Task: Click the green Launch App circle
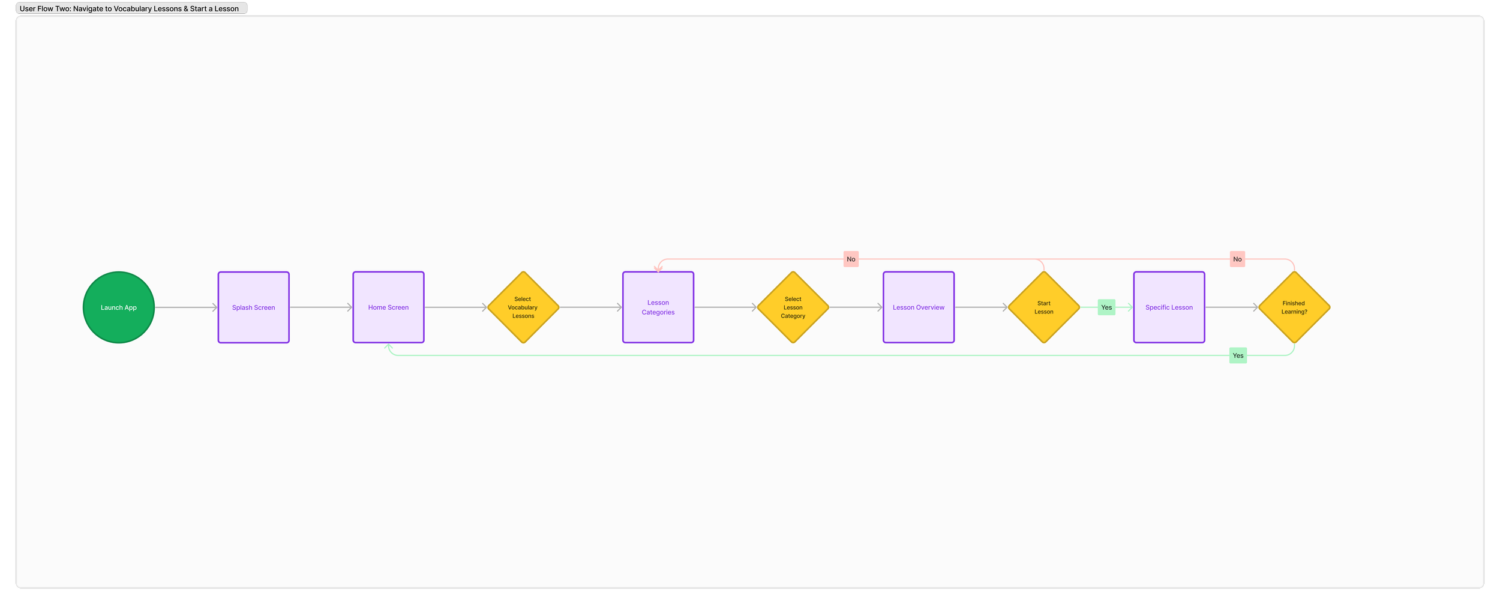point(119,307)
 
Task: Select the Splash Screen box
point(253,307)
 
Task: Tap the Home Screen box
point(388,307)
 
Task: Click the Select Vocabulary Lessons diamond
point(523,307)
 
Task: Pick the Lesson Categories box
point(658,307)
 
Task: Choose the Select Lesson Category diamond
point(793,307)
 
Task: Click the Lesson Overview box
point(919,307)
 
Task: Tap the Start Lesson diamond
point(1044,307)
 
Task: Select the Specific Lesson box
point(1169,307)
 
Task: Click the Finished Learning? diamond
point(1294,307)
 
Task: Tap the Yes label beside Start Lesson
point(1106,307)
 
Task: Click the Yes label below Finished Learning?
point(1238,355)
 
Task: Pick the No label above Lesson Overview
point(851,259)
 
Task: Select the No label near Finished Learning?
point(1237,259)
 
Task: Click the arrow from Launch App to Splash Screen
point(186,307)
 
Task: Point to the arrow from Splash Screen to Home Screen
point(321,307)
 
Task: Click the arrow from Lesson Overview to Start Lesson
point(981,307)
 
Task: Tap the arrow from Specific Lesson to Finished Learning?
point(1231,307)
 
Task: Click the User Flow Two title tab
point(131,8)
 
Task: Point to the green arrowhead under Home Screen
point(389,346)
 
